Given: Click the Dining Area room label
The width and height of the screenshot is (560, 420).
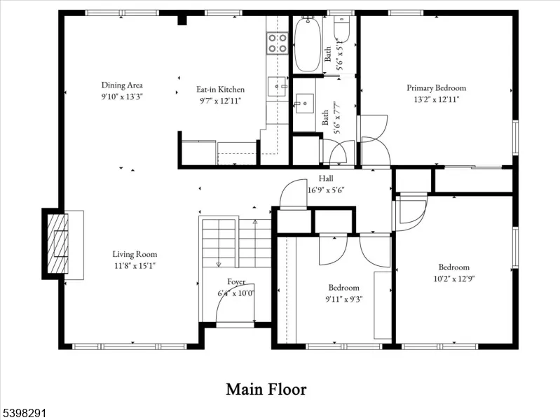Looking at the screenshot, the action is [x=122, y=85].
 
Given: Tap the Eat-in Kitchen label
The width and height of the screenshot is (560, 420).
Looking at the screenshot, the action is [x=220, y=89].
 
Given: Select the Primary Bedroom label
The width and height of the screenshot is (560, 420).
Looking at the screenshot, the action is [x=437, y=87].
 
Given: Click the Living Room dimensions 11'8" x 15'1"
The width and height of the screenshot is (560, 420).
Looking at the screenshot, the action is [x=135, y=266].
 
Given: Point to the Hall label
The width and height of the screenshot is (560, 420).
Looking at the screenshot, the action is [x=326, y=178].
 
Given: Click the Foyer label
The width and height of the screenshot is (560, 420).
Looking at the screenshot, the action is [x=236, y=282].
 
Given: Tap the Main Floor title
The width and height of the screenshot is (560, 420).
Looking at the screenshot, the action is [x=266, y=389].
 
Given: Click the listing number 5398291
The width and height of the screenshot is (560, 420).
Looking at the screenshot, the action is [x=23, y=414].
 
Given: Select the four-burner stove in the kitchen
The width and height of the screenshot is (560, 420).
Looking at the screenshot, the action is [x=278, y=43].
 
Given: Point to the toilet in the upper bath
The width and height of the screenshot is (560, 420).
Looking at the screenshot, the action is [x=342, y=29].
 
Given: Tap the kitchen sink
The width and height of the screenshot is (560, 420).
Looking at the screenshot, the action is [x=277, y=86].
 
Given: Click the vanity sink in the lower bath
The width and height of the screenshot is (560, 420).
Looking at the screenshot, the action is [x=304, y=103].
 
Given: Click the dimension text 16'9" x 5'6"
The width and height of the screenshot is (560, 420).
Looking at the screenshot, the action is [x=326, y=190].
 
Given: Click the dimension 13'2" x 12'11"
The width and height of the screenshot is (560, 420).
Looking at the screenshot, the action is [x=437, y=99].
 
